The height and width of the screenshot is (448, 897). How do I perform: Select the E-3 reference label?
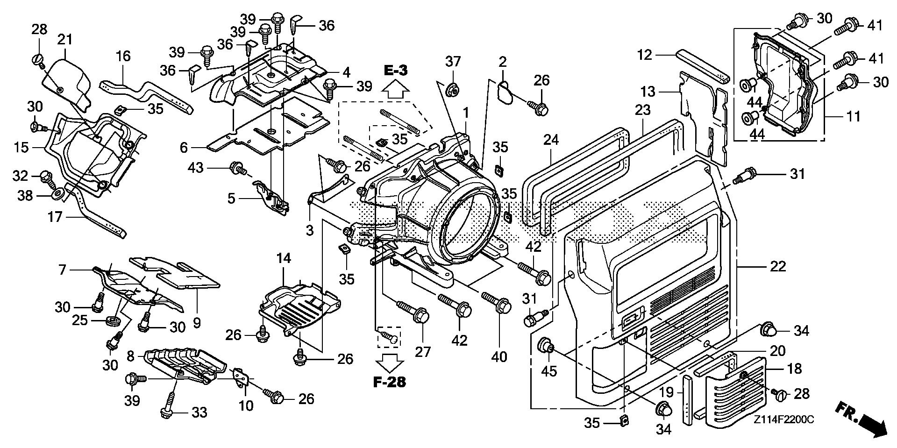click(396, 71)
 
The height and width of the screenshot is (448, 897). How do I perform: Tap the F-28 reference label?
click(389, 383)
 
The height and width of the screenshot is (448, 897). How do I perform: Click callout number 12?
click(644, 55)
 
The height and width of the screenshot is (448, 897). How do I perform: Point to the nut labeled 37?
click(452, 89)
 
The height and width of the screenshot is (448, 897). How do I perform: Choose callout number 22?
click(777, 266)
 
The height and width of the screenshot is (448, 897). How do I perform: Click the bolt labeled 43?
click(237, 168)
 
